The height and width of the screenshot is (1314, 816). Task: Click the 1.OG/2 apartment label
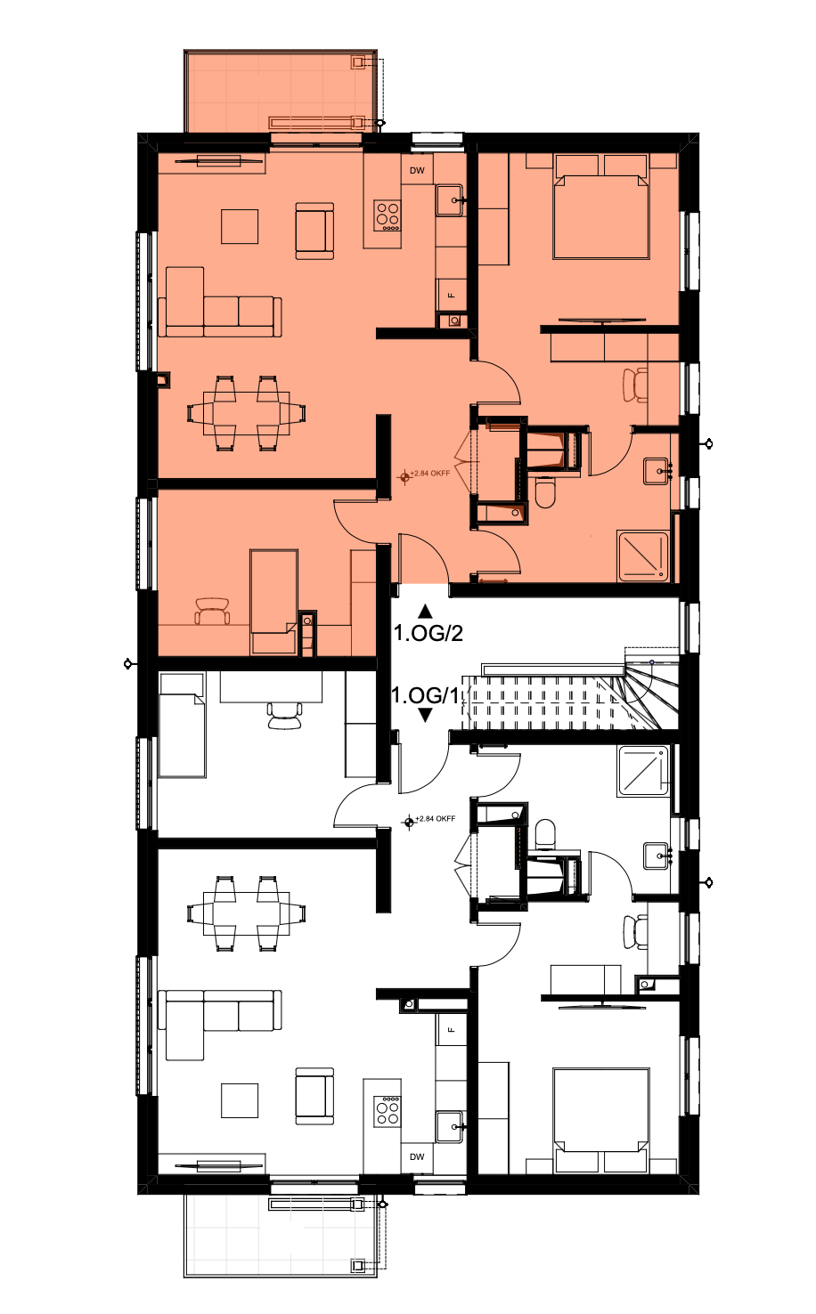428,634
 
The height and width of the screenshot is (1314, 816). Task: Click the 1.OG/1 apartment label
425,695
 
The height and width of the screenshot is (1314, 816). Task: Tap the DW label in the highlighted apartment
417,171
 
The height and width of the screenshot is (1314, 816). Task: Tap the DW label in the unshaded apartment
417,1156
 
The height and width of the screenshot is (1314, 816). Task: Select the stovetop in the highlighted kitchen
388,215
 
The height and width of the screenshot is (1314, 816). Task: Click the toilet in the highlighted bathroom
545,493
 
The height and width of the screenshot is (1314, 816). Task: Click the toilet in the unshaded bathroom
545,833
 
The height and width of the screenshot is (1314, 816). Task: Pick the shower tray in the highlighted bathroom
643,556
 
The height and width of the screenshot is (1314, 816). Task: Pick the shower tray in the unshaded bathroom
643,771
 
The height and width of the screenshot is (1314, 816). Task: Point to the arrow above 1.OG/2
425,612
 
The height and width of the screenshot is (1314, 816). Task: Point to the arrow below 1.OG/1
425,716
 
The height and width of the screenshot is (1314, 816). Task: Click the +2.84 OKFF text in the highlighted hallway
429,474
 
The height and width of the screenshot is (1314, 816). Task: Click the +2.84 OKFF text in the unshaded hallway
435,819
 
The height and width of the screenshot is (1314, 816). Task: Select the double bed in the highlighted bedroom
601,207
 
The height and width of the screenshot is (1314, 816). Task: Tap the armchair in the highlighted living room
314,231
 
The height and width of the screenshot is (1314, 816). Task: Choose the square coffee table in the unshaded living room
240,1100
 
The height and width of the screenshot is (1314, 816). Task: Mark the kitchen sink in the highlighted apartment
450,200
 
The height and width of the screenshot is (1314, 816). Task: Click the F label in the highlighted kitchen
452,296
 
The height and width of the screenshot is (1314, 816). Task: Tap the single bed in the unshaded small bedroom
182,725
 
